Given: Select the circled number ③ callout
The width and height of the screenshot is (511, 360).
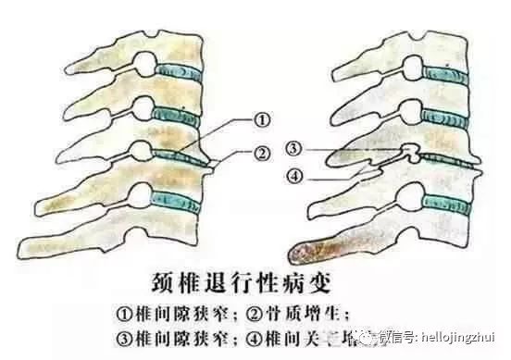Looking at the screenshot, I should point(293,149).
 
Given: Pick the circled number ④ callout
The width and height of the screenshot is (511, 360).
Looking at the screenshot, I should point(293,176).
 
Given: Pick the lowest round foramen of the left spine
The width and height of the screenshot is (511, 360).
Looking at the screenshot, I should point(138,195).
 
